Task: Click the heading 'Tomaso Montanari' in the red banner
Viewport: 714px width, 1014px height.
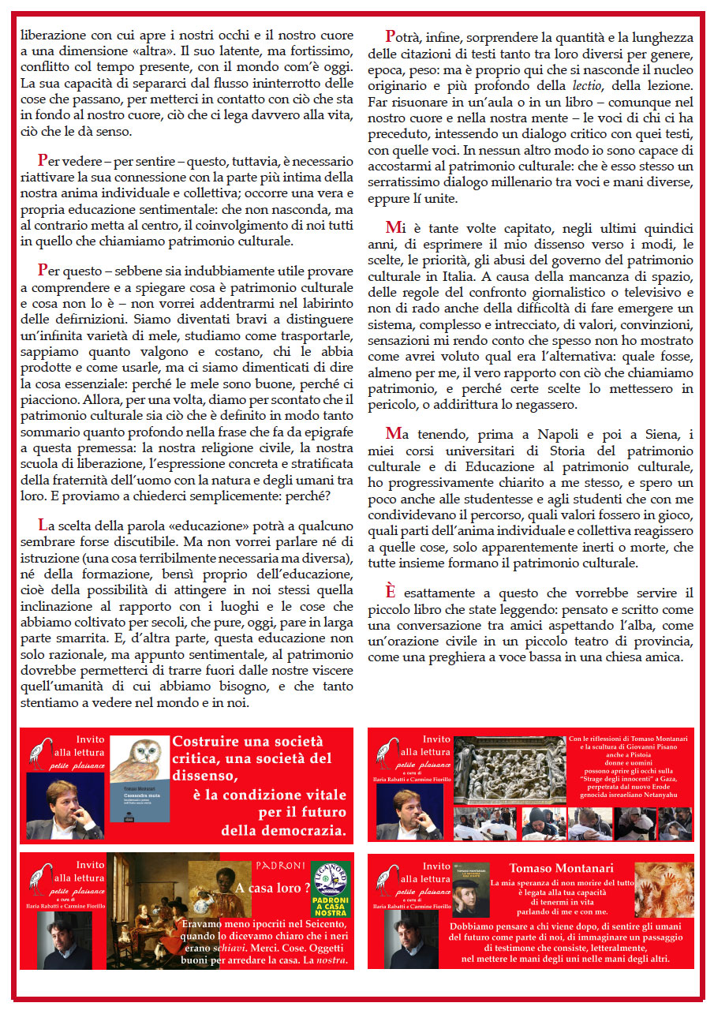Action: pyautogui.click(x=560, y=868)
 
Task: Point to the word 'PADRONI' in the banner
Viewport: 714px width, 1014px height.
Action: pyautogui.click(x=280, y=864)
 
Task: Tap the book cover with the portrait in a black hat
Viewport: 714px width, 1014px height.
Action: pyautogui.click(x=470, y=896)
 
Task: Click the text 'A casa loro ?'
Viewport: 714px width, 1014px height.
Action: pyautogui.click(x=268, y=889)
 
